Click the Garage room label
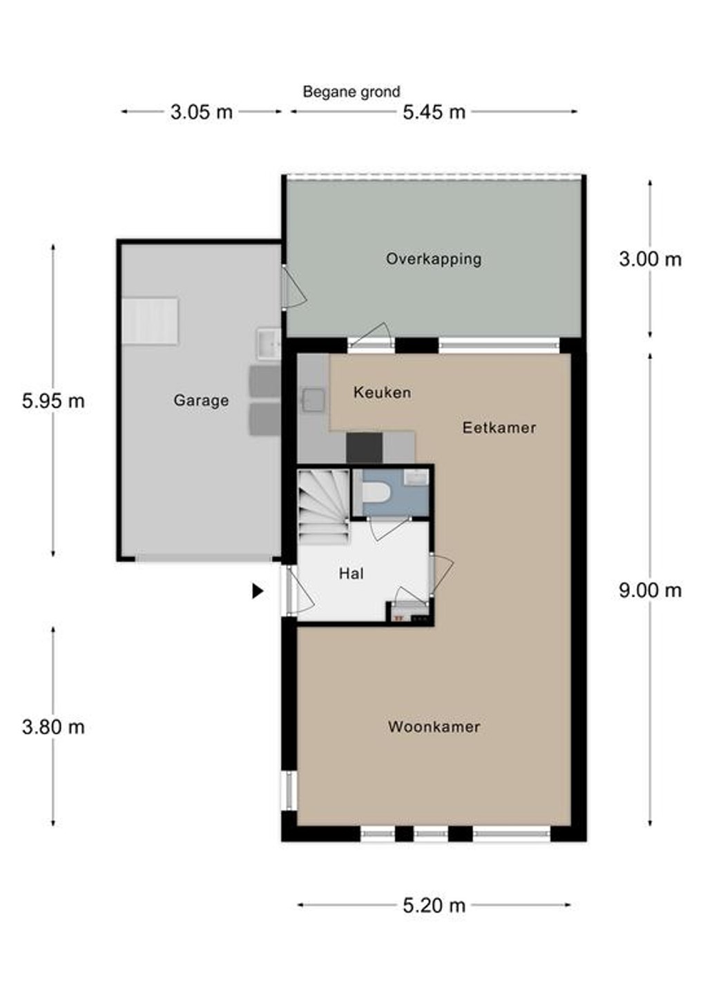click(201, 400)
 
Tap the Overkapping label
click(434, 259)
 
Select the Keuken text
click(382, 392)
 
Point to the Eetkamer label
click(499, 427)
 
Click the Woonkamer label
click(434, 727)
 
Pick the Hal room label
click(351, 574)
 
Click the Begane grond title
click(351, 92)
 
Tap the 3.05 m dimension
click(202, 112)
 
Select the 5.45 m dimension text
click(434, 112)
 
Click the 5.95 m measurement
click(53, 401)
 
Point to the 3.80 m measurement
click(53, 728)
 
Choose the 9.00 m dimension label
click(651, 591)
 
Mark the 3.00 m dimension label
click(651, 259)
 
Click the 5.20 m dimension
click(434, 906)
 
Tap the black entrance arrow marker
click(258, 591)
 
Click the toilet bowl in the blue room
click(376, 492)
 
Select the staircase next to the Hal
click(323, 507)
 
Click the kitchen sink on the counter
click(314, 400)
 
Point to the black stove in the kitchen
click(364, 448)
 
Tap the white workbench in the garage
click(151, 321)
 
